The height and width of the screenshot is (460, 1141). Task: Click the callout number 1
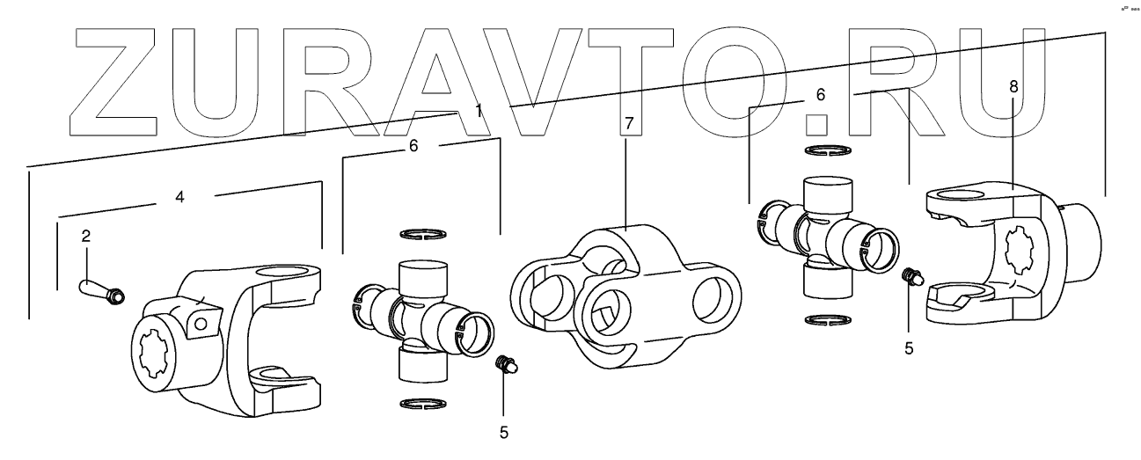click(x=479, y=111)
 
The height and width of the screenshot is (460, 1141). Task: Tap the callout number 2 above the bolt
click(x=86, y=236)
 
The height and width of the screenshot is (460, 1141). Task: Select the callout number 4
click(x=179, y=198)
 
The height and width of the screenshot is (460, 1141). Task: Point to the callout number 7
click(x=627, y=123)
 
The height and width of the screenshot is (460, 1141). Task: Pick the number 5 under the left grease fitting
click(x=503, y=432)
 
